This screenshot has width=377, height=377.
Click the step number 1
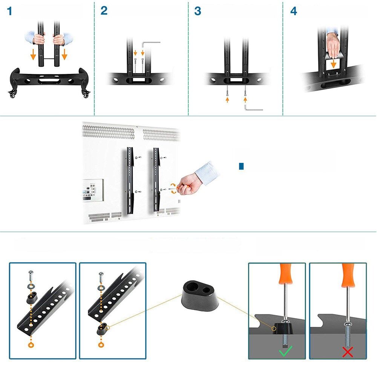pyautogui.click(x=10, y=11)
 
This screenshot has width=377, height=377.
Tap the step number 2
pyautogui.click(x=104, y=11)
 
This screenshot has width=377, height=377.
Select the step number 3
pyautogui.click(x=198, y=11)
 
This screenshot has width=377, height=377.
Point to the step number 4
pyautogui.click(x=294, y=11)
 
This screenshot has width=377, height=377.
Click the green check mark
pyautogui.click(x=286, y=351)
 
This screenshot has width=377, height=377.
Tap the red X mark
pyautogui.click(x=348, y=352)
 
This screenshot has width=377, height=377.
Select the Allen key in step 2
pyautogui.click(x=150, y=45)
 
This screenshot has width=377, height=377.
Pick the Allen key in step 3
pyautogui.click(x=253, y=108)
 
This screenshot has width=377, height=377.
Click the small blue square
pyautogui.click(x=241, y=166)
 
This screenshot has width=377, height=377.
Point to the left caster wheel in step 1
pyautogui.click(x=12, y=93)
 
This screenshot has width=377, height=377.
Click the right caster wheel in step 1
pyautogui.click(x=86, y=93)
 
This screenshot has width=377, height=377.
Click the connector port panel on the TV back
pyautogui.click(x=93, y=190)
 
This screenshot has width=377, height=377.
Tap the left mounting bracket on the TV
pyautogui.click(x=130, y=180)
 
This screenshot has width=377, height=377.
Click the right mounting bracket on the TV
pyautogui.click(x=156, y=179)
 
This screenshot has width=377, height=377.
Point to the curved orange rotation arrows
pyautogui.click(x=173, y=188)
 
